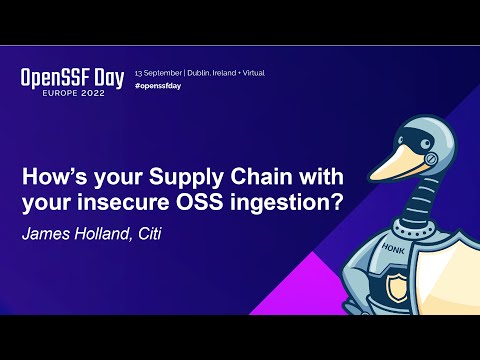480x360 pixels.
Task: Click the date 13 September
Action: (x=157, y=75)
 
